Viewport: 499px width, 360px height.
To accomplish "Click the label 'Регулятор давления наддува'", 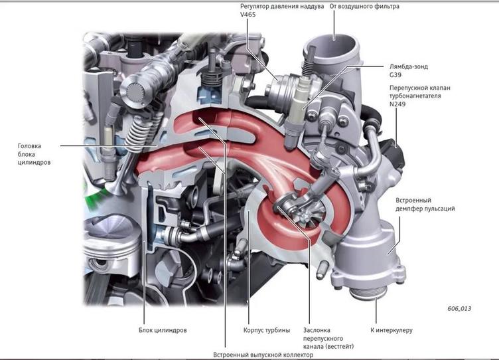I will point(282,6).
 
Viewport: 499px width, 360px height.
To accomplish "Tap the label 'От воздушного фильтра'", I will point(364,6).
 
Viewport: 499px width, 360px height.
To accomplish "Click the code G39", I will point(395,76).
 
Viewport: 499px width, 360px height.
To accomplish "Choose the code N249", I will point(398,104).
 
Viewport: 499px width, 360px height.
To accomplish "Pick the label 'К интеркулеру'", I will point(392,330).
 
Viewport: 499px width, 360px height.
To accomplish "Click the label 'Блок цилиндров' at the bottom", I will point(163,330).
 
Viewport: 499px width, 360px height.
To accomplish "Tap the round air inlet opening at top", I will point(332,50).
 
